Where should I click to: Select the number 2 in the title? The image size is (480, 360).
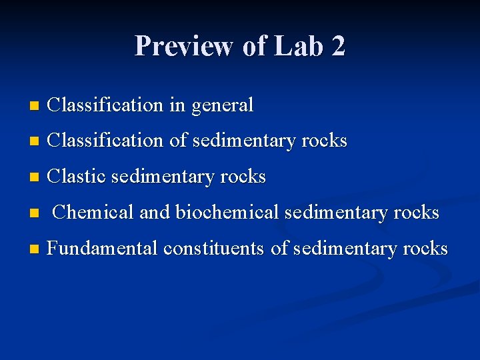pyautogui.click(x=338, y=47)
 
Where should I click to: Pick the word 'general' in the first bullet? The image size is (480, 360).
pyautogui.click(x=222, y=105)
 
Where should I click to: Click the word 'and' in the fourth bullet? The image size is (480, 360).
pyautogui.click(x=155, y=213)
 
